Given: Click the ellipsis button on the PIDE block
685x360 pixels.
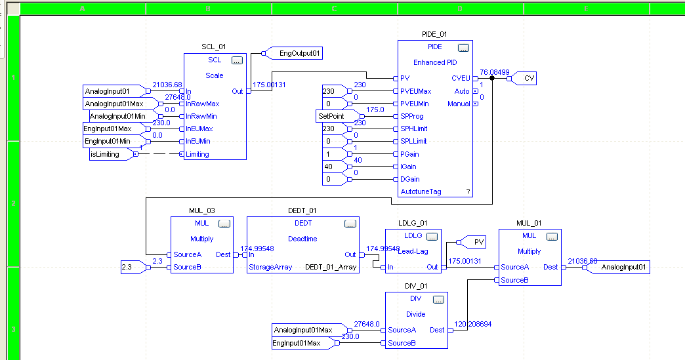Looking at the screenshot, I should click(x=463, y=48).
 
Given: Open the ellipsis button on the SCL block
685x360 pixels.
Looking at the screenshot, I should click(x=237, y=60).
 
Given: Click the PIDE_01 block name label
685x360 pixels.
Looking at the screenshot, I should click(x=434, y=33).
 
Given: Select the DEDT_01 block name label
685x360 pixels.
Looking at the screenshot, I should click(x=302, y=210).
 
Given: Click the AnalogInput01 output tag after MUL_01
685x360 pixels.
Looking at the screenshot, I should click(x=623, y=267).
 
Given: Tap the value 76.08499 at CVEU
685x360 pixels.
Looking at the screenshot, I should click(x=494, y=72).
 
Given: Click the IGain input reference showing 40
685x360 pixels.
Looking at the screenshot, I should click(x=335, y=167).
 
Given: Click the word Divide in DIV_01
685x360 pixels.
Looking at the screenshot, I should click(x=416, y=314).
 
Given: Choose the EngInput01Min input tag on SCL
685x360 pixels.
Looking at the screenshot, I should click(x=111, y=142).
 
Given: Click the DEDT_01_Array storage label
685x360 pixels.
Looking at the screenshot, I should click(x=331, y=267).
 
